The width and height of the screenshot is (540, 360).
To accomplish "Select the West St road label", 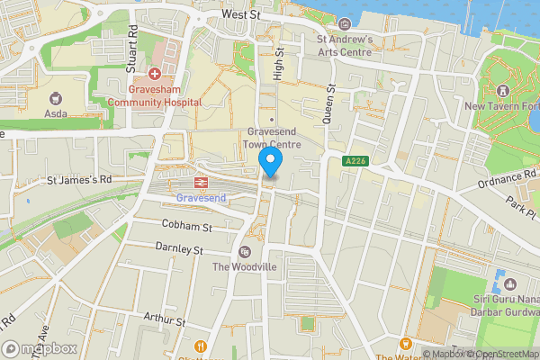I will pos(241,15).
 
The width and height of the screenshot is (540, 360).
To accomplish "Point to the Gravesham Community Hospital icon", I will pos(155,73).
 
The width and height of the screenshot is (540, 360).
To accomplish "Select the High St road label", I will pos(278,67).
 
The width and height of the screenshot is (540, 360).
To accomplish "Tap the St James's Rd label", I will pos(81,179).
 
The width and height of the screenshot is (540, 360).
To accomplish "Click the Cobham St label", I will pos(186,224).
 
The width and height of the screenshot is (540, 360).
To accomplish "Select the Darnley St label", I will pos(180,247).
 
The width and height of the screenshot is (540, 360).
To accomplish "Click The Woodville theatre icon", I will pos(246,251).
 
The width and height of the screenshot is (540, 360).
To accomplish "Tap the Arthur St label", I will pos(164,320).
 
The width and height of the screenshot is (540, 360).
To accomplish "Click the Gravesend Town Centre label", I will pos(272,137).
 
